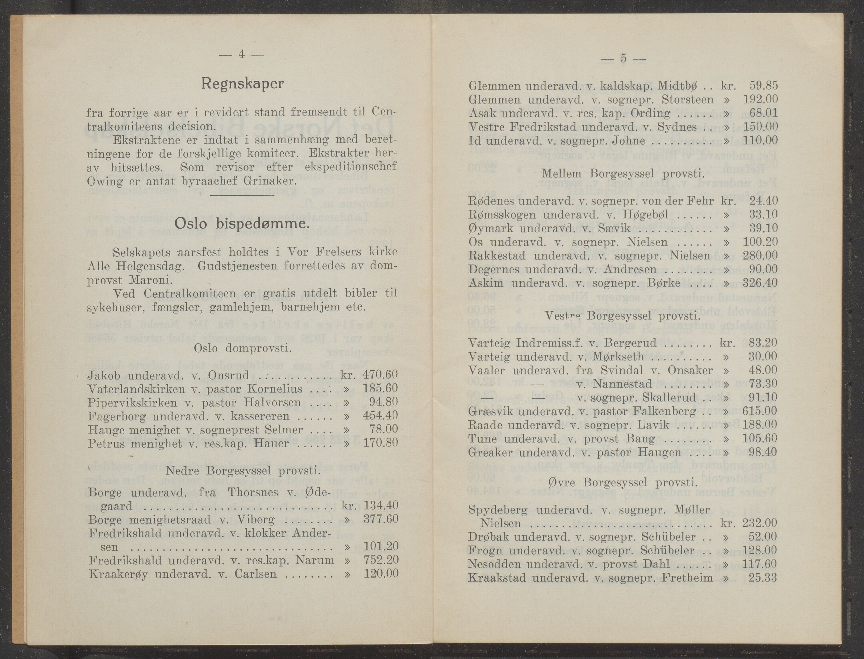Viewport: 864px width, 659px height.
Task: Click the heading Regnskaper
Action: click(242, 84)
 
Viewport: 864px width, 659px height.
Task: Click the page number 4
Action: click(241, 55)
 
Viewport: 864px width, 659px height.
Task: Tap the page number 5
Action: click(623, 58)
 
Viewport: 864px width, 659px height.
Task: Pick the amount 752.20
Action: click(381, 560)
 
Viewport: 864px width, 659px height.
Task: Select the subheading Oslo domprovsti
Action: click(243, 348)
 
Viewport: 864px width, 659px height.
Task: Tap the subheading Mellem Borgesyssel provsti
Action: click(623, 173)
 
